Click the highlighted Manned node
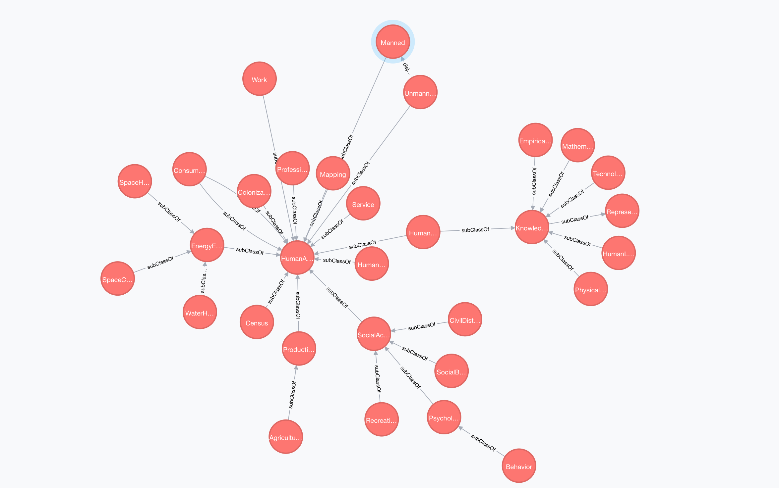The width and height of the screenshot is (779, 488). (393, 42)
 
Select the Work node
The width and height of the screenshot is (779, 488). (259, 79)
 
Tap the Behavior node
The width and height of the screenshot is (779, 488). (519, 466)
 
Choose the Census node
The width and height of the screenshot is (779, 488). (257, 322)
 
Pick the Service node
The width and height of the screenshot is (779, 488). (363, 204)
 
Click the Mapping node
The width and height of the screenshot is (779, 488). (333, 173)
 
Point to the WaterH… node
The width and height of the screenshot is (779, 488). (200, 312)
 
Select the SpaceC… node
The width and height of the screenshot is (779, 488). (118, 279)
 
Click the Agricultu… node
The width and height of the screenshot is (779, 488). (285, 437)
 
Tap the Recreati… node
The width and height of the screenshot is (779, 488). (381, 419)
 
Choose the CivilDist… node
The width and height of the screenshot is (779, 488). (465, 319)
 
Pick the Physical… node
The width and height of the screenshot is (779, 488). (590, 289)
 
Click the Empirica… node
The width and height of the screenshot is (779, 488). (535, 140)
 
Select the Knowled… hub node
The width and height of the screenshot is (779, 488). (532, 227)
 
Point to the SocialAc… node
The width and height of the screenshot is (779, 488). (374, 334)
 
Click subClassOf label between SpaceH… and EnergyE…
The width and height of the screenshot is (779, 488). (169, 212)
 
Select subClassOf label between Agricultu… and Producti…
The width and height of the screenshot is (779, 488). (292, 395)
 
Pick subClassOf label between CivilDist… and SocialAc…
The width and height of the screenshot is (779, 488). (422, 326)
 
